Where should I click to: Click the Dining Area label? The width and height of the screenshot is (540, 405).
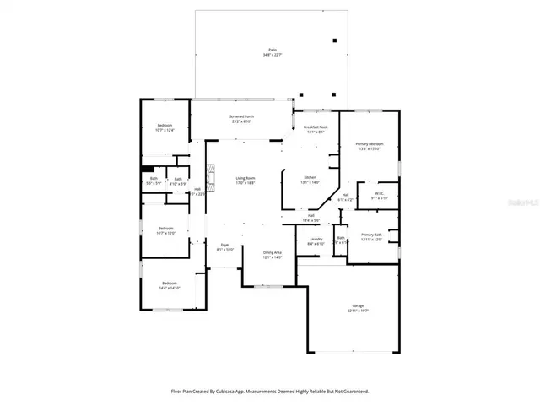(272, 254)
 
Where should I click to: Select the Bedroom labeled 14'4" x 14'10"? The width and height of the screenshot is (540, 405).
(170, 285)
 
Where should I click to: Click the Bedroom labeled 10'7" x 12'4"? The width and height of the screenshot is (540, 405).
(164, 127)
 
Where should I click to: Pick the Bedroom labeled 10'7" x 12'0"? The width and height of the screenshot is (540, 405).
(165, 229)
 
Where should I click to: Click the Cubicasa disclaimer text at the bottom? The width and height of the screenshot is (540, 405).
(270, 391)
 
